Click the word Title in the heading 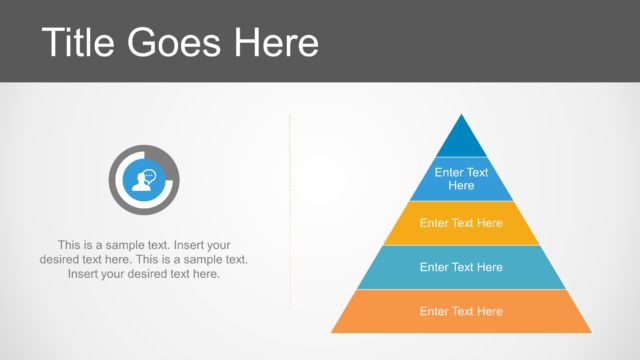coord(81,42)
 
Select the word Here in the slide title coord(276,42)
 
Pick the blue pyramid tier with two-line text coord(461,179)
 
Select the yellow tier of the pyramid coord(461,223)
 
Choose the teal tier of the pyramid coord(461,267)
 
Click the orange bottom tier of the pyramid coord(461,311)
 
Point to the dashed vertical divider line coord(290,210)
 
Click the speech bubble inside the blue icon coord(150,175)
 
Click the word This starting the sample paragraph coord(70,244)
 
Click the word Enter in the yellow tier coord(435,223)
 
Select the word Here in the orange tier coord(490,311)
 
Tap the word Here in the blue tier coord(461,186)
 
